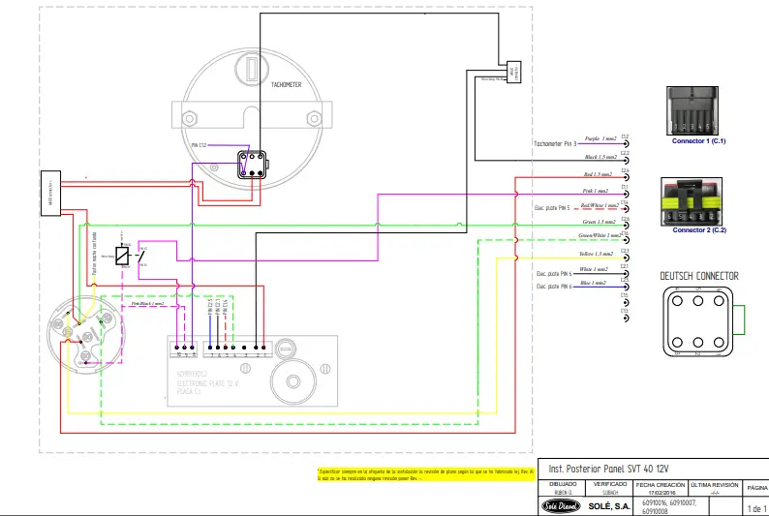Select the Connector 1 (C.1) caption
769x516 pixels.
point(698,141)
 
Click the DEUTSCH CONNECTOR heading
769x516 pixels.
point(698,276)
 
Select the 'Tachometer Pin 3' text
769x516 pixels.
point(555,143)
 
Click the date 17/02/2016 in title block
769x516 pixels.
point(653,491)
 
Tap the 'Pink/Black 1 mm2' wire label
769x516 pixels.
point(148,303)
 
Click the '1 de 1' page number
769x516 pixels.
point(755,507)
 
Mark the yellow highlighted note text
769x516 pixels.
point(422,473)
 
